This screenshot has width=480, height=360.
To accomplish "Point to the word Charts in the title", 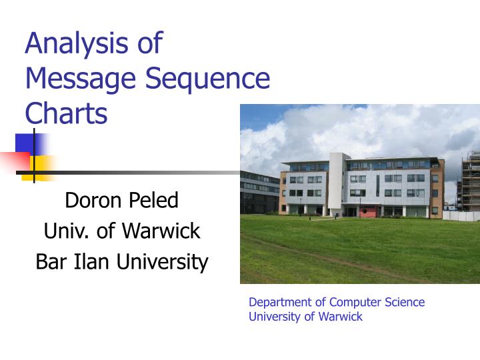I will click(66, 113).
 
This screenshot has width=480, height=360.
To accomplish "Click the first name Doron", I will click(91, 200).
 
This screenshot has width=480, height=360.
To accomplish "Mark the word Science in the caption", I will click(403, 302).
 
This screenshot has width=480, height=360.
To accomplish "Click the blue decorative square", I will click(28, 145).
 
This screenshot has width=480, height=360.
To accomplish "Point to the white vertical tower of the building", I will click(339, 183).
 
